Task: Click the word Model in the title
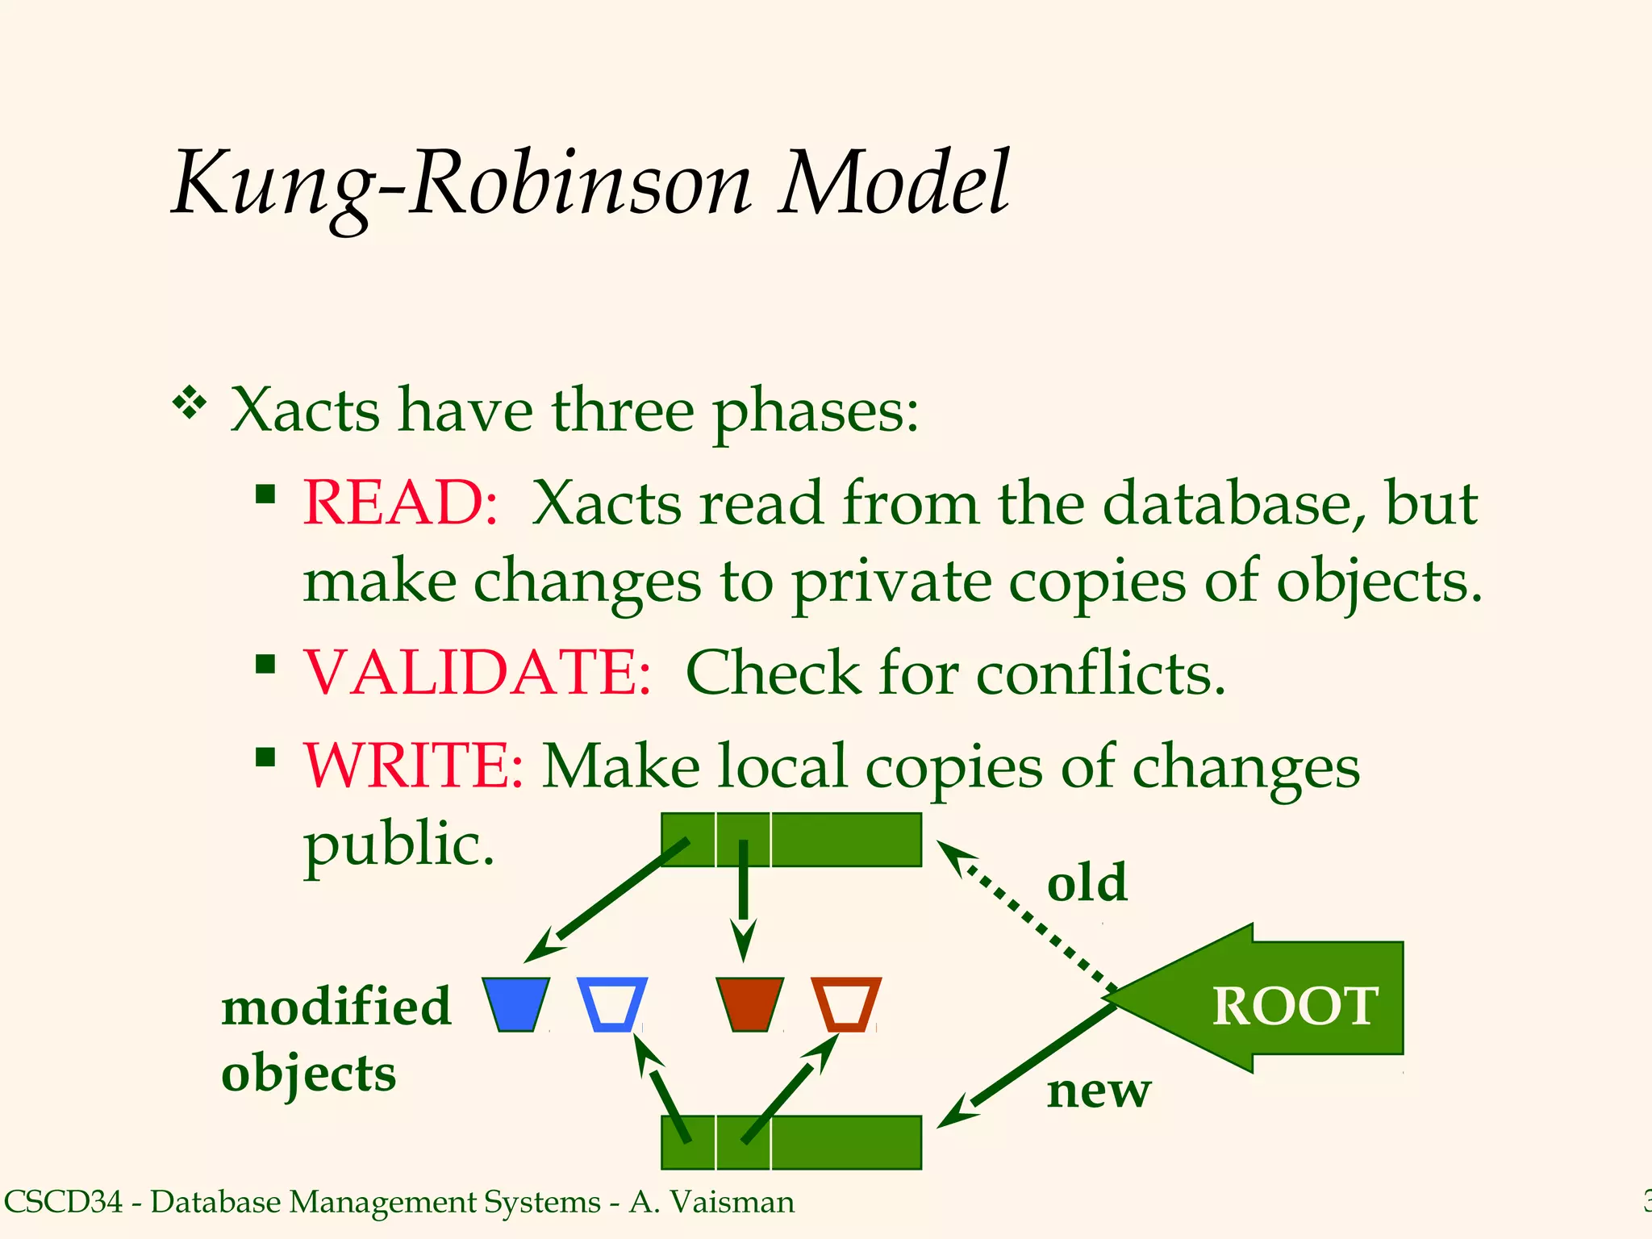[894, 184]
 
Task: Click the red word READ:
[400, 503]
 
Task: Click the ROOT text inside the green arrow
[1295, 1007]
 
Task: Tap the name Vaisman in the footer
[732, 1202]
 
